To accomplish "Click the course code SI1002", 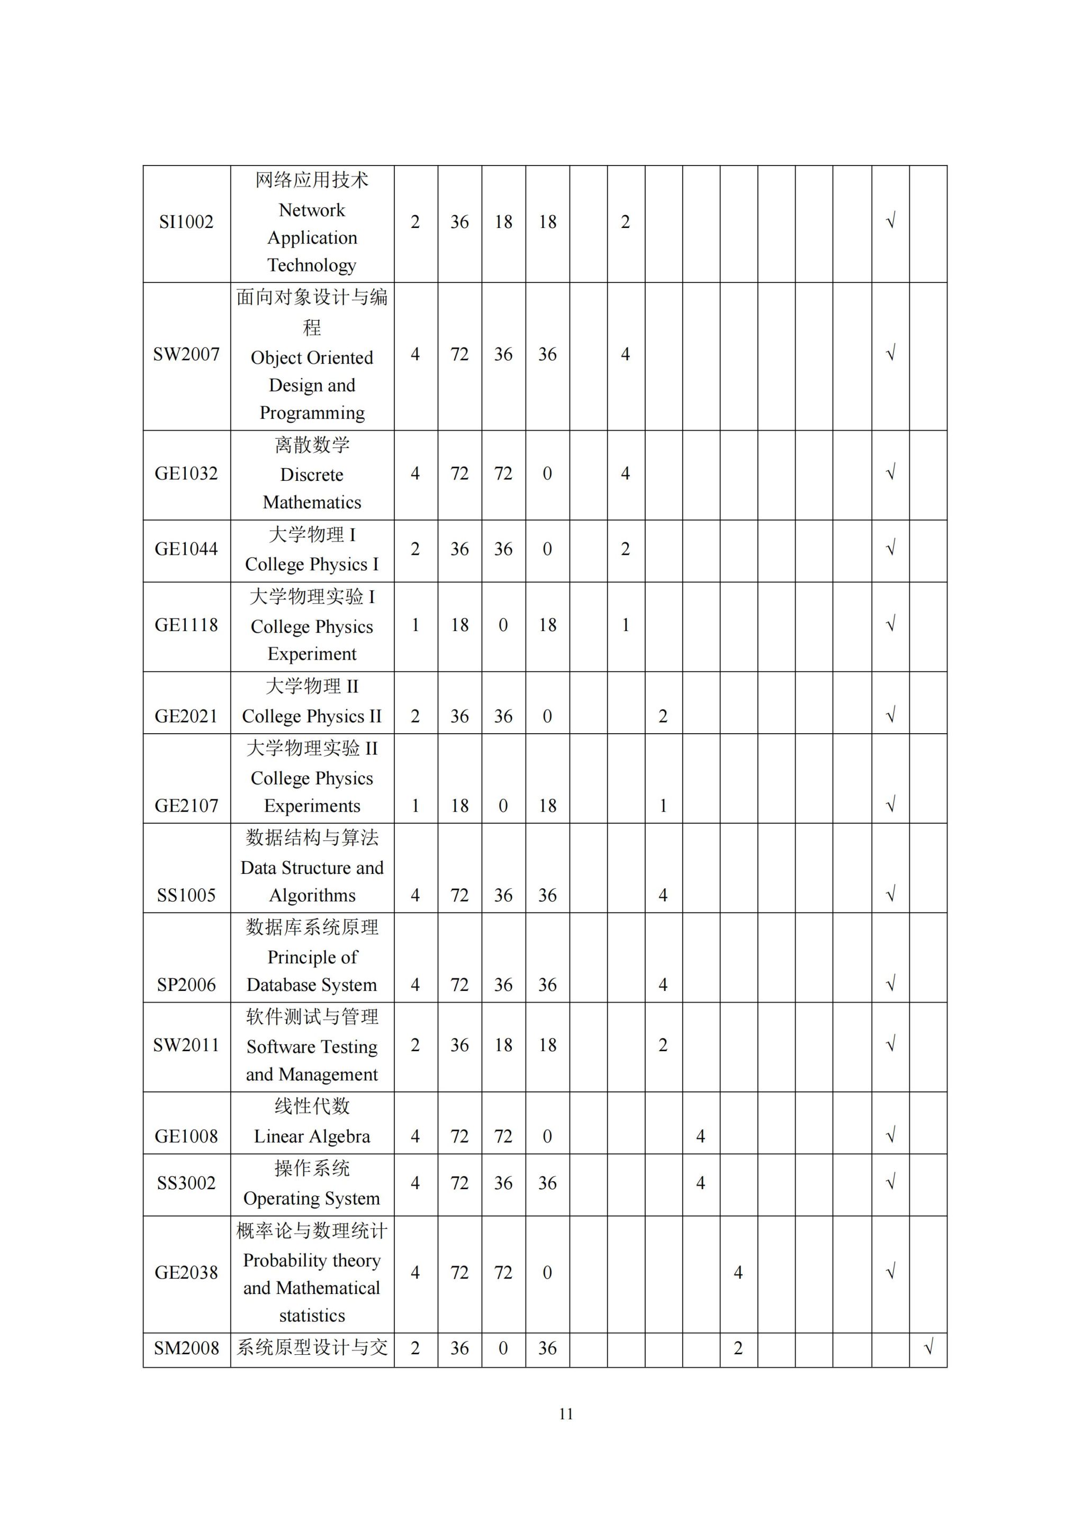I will [186, 222].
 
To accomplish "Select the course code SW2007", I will [186, 354].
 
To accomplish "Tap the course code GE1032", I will [186, 474].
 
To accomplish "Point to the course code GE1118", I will [186, 625].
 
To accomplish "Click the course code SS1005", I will [186, 896].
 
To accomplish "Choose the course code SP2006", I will [186, 985].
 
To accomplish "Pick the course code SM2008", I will [186, 1348].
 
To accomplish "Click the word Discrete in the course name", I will [312, 475].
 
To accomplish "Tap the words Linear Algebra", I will [312, 1136].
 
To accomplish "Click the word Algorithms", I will [312, 896].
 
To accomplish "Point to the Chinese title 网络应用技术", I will [312, 180].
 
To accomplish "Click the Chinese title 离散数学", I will [312, 445].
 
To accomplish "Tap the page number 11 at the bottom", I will [566, 1414].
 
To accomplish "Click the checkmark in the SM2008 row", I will [928, 1348].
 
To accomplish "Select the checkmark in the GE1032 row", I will [890, 473].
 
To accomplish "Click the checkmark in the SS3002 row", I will [890, 1183].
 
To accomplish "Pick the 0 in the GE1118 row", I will [503, 625].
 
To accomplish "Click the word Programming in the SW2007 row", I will [312, 413].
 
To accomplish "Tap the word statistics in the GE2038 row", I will [312, 1316].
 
